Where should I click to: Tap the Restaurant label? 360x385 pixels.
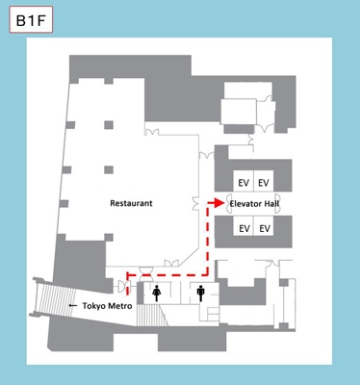tap(132, 204)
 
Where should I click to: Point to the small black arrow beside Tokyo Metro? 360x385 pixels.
tap(72, 305)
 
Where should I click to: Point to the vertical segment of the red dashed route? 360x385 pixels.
tap(208, 241)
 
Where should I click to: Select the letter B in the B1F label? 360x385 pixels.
tap(21, 19)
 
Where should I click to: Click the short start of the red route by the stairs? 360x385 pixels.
tap(127, 285)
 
